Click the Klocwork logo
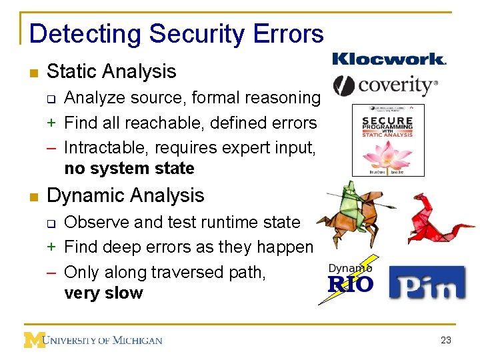click(x=389, y=59)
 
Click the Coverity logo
click(x=385, y=85)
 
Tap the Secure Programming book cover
click(x=388, y=140)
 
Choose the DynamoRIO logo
click(x=351, y=280)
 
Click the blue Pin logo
click(x=427, y=281)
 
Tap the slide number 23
click(x=446, y=340)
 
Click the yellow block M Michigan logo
click(x=34, y=339)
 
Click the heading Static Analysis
click(x=111, y=71)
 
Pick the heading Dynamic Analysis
click(x=125, y=195)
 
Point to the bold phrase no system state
click(x=129, y=168)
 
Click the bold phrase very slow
click(x=103, y=293)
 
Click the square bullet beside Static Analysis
click(x=33, y=72)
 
